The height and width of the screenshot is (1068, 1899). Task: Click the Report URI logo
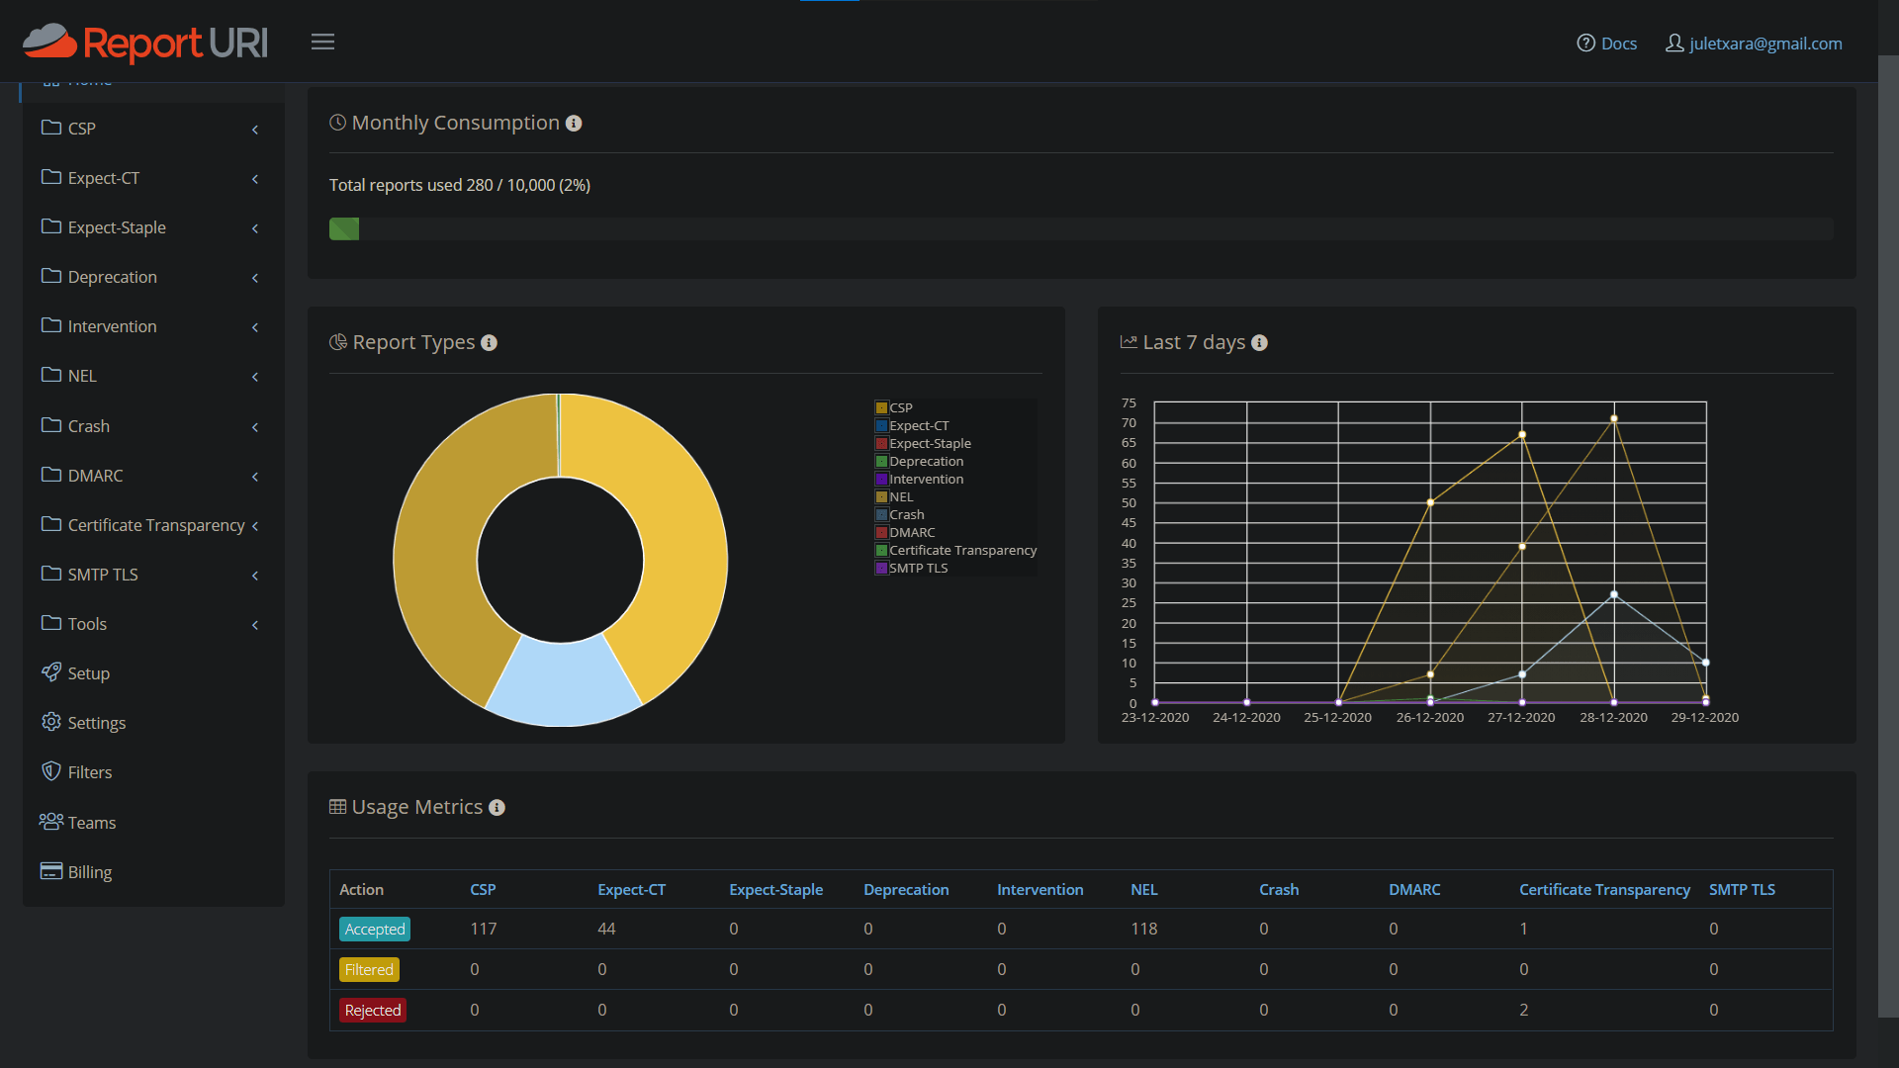point(145,43)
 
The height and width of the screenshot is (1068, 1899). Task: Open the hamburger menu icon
point(322,42)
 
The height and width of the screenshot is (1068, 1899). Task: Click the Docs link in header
point(1607,44)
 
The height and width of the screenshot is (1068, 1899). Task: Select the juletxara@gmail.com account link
point(1754,44)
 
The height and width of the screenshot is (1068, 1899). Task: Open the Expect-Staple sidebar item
point(117,227)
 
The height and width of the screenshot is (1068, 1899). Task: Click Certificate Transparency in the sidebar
point(155,525)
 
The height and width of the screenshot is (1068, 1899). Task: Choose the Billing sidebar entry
point(89,872)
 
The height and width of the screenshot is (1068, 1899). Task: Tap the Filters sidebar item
point(89,772)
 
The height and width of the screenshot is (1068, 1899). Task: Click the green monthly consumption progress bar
point(344,229)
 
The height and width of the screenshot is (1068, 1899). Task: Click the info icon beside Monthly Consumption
point(574,124)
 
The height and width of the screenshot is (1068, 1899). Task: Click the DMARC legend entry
point(911,532)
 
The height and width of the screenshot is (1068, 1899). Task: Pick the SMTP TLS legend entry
point(917,568)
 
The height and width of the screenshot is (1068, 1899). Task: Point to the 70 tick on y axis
point(1129,423)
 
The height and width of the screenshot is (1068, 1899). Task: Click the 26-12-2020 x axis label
point(1429,718)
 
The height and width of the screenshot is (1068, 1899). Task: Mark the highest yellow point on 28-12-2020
point(1614,419)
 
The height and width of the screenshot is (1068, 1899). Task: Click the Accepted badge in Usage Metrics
point(375,930)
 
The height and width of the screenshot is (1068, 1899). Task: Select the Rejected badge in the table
point(373,1011)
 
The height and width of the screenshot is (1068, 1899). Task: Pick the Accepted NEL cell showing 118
point(1143,930)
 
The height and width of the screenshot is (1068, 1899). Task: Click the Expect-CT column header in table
point(631,890)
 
